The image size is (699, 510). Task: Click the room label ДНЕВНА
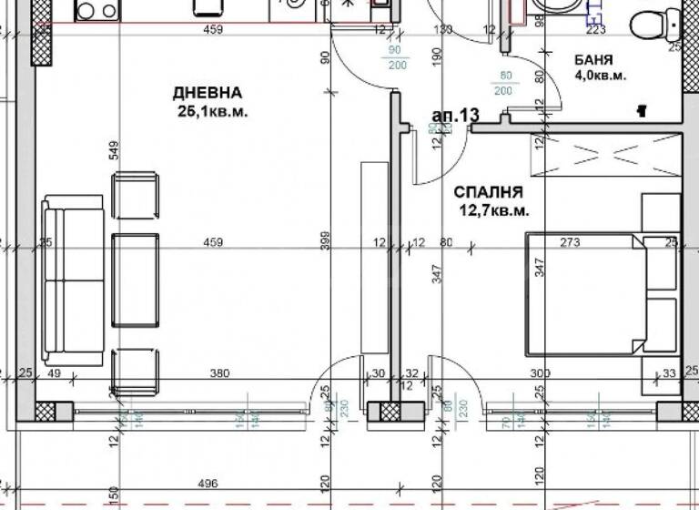(208, 93)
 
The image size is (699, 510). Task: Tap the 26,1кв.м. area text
(213, 111)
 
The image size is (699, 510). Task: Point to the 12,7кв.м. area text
(493, 210)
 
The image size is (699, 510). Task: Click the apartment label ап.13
(455, 116)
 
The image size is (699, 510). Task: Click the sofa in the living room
(73, 279)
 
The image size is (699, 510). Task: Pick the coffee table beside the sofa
(134, 280)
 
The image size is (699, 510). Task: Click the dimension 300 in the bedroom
(542, 373)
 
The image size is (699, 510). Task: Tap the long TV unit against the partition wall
(373, 257)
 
